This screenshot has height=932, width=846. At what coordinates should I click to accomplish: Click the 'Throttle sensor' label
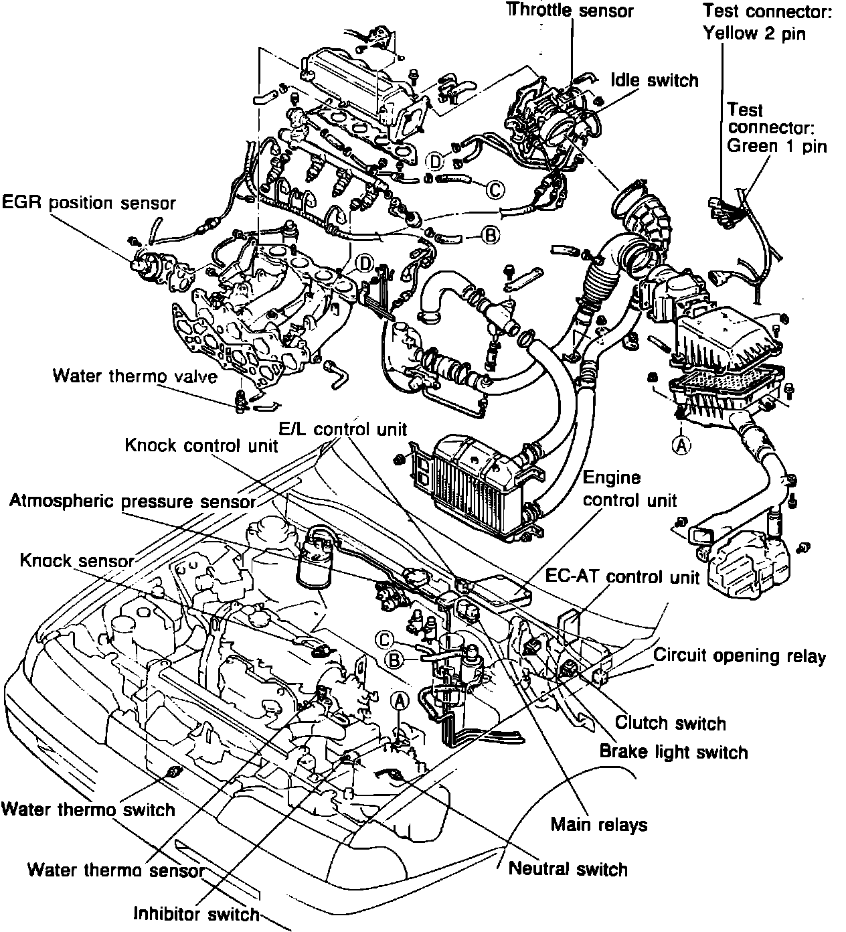[570, 11]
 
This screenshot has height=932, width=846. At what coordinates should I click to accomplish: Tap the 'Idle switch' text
[654, 80]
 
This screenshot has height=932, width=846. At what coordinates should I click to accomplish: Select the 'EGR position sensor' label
[88, 202]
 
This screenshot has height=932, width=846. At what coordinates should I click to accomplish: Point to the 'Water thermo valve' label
[135, 376]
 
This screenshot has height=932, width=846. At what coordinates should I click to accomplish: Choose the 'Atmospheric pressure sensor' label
[133, 501]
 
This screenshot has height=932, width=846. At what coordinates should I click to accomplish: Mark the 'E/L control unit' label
[342, 429]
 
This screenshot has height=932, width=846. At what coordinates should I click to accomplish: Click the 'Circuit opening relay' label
[740, 656]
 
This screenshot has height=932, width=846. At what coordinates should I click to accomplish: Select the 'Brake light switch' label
[673, 751]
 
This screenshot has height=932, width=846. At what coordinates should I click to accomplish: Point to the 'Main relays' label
[598, 824]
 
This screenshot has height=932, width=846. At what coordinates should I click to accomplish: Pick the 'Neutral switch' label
[568, 869]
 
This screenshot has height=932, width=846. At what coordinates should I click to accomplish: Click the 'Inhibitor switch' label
[196, 913]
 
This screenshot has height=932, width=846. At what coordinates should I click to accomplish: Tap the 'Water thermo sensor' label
[115, 870]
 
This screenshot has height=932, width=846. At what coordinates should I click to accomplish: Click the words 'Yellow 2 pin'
[754, 33]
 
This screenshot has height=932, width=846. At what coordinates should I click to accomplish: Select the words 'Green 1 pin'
[776, 145]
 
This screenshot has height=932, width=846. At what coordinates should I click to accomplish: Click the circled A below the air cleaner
[682, 445]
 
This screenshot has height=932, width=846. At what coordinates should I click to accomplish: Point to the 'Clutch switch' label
[670, 723]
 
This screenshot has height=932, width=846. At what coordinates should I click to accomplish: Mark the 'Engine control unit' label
[629, 489]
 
